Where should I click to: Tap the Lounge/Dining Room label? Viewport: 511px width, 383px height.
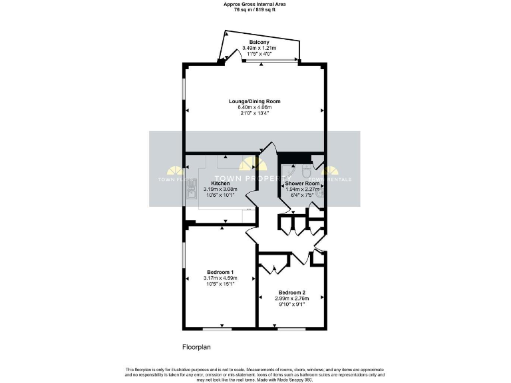coord(255,102)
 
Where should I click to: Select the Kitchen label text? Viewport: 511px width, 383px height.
coord(221,183)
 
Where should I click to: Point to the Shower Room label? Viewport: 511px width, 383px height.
coord(302,183)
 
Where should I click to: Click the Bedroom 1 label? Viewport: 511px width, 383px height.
coord(220,272)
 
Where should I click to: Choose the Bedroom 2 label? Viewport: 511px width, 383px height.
coord(292,293)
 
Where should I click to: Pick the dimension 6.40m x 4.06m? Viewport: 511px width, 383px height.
coord(255,107)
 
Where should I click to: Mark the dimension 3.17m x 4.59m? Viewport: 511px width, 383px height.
coord(220,278)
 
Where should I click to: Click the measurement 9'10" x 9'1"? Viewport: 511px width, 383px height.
coord(292,304)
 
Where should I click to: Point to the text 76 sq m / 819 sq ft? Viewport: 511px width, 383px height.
coord(255,10)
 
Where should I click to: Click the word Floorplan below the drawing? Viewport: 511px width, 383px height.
coord(197,347)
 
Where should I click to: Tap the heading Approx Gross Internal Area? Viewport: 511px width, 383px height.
coord(255,4)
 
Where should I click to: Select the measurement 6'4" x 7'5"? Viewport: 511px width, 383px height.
coord(302,194)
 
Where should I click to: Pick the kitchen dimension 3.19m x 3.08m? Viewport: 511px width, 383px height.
coord(221,189)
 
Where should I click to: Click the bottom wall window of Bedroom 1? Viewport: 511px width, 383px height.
coord(213,328)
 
